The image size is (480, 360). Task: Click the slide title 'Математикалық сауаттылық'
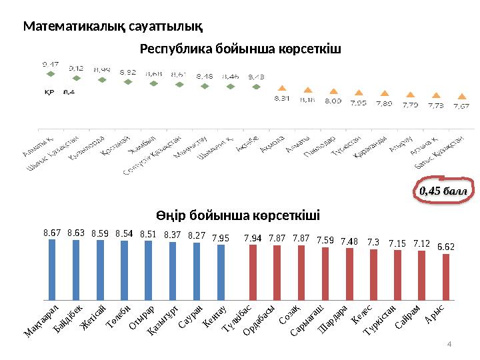[113, 27]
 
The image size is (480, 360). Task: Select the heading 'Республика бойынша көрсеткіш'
[240, 49]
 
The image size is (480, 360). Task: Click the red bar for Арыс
[446, 276]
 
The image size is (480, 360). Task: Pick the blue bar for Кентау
[221, 271]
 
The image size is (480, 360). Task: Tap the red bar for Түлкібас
[253, 271]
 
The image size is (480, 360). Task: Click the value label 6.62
[446, 247]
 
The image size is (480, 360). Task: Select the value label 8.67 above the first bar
[52, 233]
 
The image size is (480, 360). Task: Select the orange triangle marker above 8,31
[282, 88]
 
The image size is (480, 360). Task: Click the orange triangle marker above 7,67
[461, 95]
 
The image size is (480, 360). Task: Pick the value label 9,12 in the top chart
[75, 68]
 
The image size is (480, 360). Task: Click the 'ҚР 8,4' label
[59, 92]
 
